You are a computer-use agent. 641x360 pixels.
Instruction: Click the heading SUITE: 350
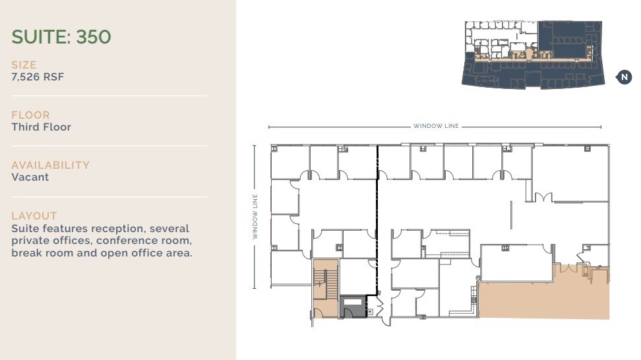61,37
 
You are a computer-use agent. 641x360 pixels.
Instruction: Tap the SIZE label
24,65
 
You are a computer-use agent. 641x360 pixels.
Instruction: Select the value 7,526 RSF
38,77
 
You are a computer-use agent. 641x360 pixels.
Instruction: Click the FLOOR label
30,115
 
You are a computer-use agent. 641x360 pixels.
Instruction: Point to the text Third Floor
41,127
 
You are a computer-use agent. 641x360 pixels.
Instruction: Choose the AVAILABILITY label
50,165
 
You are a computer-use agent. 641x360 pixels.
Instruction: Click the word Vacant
30,177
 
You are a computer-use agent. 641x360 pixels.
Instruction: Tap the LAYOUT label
34,216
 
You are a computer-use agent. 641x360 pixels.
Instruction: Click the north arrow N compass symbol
624,77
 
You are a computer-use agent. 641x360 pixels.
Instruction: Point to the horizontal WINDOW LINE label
436,127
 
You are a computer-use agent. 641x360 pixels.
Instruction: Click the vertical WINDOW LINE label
255,216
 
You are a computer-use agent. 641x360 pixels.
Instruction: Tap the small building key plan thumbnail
532,54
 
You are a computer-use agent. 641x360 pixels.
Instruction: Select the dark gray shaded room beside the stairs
353,307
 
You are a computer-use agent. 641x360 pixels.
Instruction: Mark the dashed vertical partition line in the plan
377,218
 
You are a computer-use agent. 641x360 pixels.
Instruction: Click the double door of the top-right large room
543,197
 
